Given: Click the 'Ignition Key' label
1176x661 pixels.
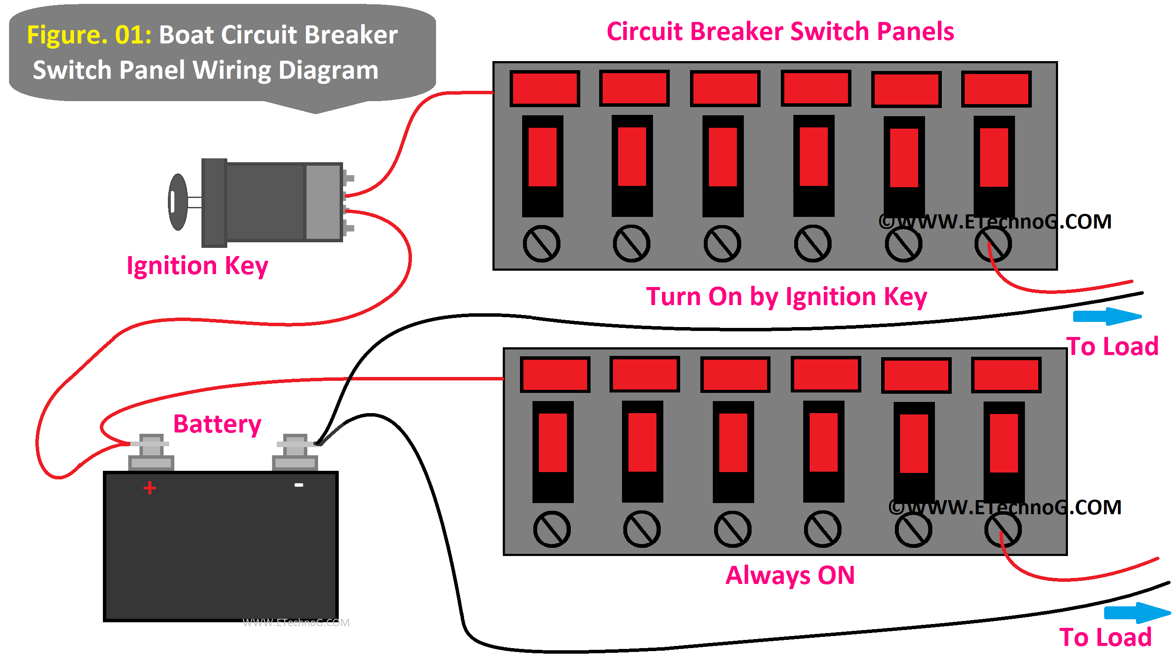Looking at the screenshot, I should [197, 266].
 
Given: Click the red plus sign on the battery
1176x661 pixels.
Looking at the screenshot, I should [150, 488].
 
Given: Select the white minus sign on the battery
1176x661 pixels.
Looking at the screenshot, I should [299, 485].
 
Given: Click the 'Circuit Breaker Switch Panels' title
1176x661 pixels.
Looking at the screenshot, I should [780, 31].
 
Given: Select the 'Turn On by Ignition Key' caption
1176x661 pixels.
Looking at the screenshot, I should [786, 297].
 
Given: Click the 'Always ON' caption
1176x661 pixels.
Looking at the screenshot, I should [790, 575].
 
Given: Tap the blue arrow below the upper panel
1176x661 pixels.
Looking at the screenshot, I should [1107, 316].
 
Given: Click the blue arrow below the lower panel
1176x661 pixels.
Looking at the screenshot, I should [1137, 612].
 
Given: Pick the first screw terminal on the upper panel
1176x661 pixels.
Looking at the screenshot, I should [542, 244].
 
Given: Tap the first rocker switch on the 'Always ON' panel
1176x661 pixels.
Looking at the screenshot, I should [552, 451].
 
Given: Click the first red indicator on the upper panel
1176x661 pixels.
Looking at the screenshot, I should [545, 89].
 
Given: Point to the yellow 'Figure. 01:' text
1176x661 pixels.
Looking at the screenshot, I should [89, 35].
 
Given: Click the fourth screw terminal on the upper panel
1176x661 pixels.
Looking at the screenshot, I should [813, 244].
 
